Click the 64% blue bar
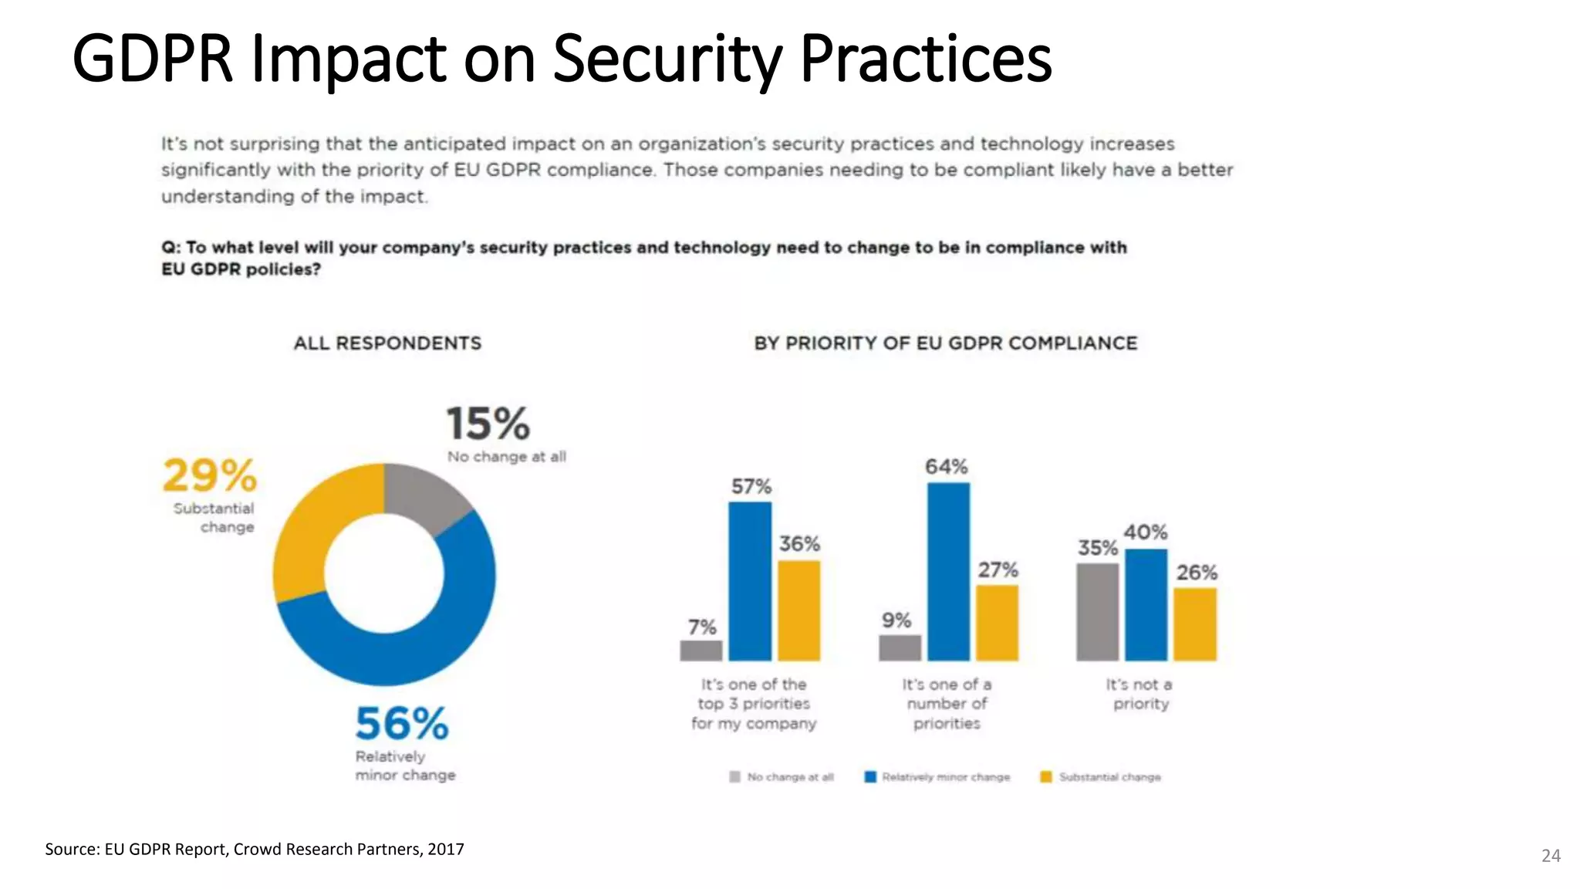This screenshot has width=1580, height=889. coord(948,572)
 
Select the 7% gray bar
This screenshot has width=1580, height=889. coord(701,651)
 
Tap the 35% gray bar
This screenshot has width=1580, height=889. coord(1097,612)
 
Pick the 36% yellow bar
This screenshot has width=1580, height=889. coord(798,610)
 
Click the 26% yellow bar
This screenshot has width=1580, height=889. coord(1195,624)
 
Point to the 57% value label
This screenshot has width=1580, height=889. coord(751,487)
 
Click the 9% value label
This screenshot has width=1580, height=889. coord(896,620)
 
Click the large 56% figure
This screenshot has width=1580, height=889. coord(401,724)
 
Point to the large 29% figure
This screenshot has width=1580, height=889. coord(209,475)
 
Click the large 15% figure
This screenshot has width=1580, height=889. coord(488,424)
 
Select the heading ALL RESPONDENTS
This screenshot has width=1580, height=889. coord(387,343)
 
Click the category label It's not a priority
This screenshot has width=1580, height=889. coord(1140,694)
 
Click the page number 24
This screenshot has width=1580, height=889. coord(1551,856)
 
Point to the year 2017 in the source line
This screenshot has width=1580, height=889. coord(446,850)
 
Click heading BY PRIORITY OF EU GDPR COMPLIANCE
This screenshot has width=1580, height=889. coord(946,343)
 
